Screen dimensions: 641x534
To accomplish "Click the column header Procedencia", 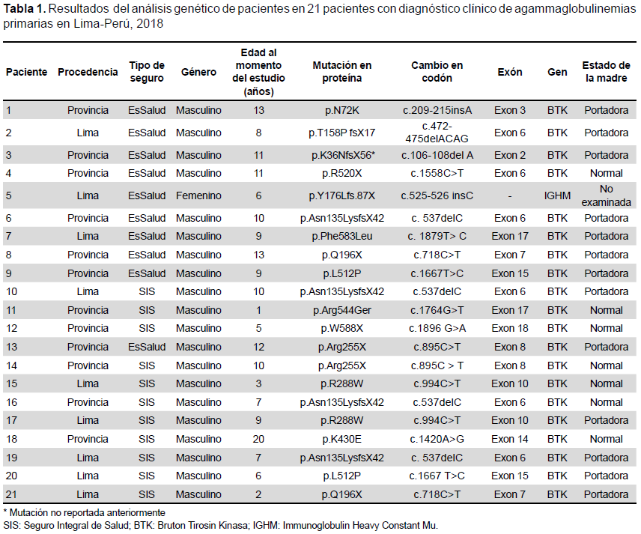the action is (x=88, y=72).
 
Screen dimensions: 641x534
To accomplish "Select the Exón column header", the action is (x=510, y=72).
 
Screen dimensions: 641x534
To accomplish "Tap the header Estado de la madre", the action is (x=607, y=72).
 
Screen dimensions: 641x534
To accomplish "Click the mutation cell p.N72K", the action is (x=341, y=110).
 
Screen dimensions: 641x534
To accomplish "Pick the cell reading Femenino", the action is (x=198, y=195).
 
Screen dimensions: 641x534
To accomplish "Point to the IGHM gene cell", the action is (x=557, y=195).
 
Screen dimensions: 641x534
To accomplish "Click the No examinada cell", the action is (x=607, y=195).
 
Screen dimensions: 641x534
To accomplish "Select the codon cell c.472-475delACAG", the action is (x=437, y=133).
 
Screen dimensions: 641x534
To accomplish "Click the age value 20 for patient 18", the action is (x=258, y=439).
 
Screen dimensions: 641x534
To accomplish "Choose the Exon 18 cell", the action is (x=510, y=328).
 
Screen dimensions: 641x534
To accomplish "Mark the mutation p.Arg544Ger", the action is (x=341, y=310).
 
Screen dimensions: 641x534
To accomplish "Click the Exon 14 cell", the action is (x=510, y=439).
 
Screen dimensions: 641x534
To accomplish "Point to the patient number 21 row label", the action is (x=11, y=494).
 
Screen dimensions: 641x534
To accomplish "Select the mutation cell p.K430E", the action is (x=341, y=439).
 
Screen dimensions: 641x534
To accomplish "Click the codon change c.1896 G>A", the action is (x=437, y=328).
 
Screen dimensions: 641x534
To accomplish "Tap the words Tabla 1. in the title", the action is (x=24, y=9).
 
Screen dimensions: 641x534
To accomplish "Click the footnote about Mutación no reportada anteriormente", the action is (x=84, y=513).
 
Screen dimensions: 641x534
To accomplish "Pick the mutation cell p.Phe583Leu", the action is (x=341, y=237).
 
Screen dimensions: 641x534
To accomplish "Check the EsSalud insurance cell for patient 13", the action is (x=147, y=348).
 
